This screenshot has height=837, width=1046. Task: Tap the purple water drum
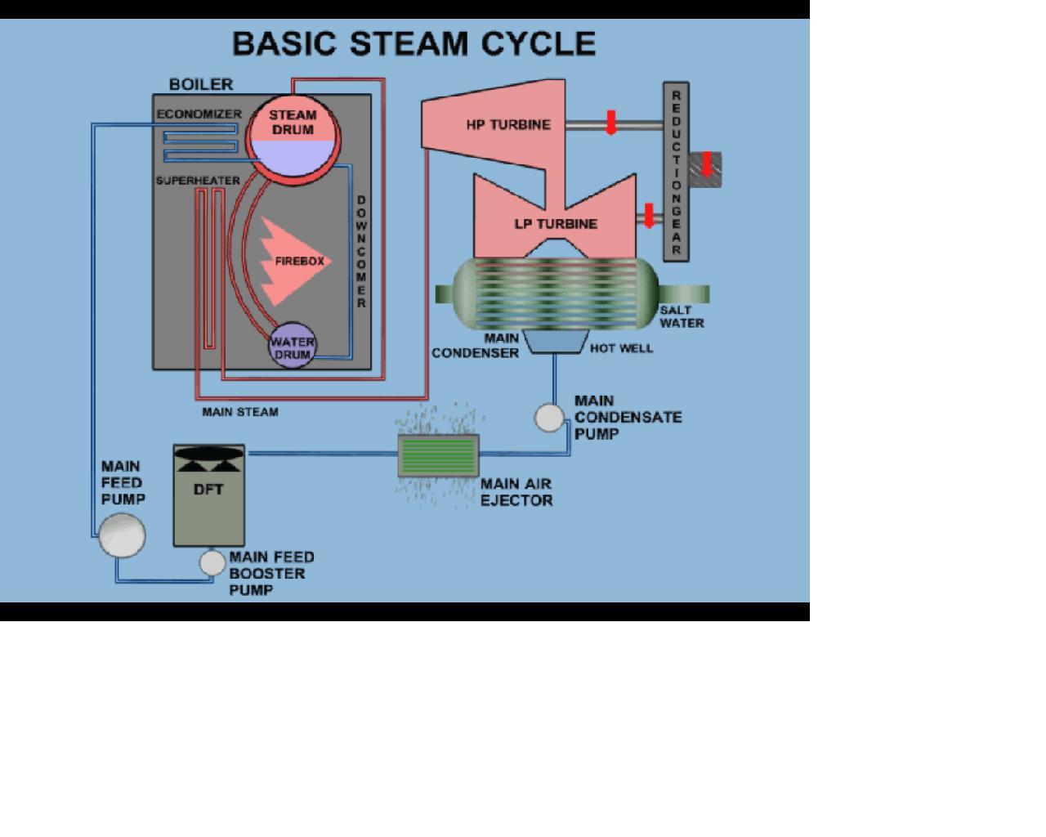pyautogui.click(x=292, y=347)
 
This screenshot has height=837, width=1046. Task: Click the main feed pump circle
pyautogui.click(x=122, y=535)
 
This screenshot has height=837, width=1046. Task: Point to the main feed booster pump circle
pyautogui.click(x=212, y=562)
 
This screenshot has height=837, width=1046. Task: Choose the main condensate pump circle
pyautogui.click(x=549, y=418)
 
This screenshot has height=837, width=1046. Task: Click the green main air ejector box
pyautogui.click(x=438, y=455)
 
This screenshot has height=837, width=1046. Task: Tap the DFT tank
pyautogui.click(x=209, y=497)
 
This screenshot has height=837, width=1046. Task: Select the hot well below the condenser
pyautogui.click(x=556, y=341)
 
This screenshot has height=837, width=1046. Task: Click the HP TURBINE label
pyautogui.click(x=508, y=125)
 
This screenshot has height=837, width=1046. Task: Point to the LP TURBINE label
pyautogui.click(x=556, y=224)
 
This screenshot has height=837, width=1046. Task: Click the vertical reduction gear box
pyautogui.click(x=676, y=172)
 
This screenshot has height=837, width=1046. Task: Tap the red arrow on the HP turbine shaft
pyautogui.click(x=611, y=122)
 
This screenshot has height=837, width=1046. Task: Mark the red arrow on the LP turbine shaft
pyautogui.click(x=649, y=216)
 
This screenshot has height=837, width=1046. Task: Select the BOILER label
pyautogui.click(x=201, y=84)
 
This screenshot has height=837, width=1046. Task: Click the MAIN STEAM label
pyautogui.click(x=240, y=412)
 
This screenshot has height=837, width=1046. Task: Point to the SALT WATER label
pyautogui.click(x=682, y=316)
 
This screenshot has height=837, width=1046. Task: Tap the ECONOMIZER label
pyautogui.click(x=199, y=114)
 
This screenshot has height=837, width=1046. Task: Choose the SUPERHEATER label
pyautogui.click(x=198, y=181)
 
